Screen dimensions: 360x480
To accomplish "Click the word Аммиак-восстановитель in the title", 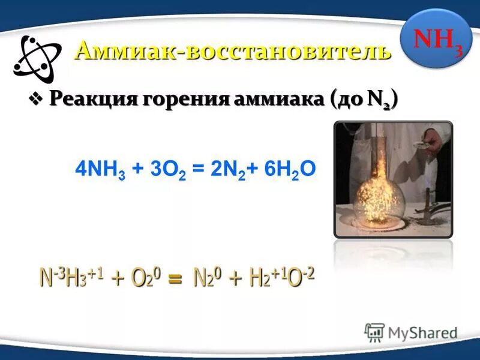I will tap(233, 50).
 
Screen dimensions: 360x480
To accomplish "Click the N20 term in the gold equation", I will tap(207, 278).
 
